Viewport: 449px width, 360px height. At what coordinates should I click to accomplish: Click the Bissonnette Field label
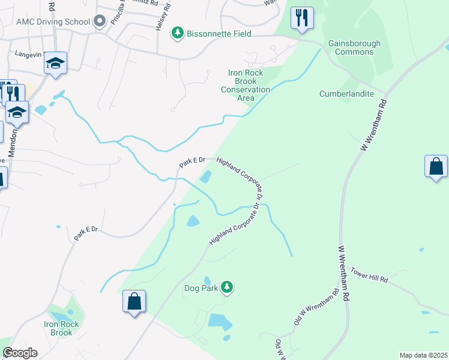point(219,34)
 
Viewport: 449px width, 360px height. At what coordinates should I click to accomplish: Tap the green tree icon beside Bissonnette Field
point(177,34)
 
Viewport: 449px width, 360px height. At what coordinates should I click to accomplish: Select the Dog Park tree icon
point(226,289)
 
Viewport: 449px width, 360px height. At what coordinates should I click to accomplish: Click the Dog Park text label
point(200,289)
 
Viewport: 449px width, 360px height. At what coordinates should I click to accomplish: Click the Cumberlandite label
point(346,94)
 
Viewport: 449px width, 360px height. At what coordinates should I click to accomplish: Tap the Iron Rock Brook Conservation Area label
point(246,85)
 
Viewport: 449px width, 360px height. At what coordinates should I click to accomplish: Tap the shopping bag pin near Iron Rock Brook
point(134,301)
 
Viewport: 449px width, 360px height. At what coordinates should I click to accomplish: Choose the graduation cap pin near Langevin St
point(55,63)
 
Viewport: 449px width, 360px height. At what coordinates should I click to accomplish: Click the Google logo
point(20,353)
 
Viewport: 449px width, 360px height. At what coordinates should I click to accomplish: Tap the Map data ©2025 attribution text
point(423,355)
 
